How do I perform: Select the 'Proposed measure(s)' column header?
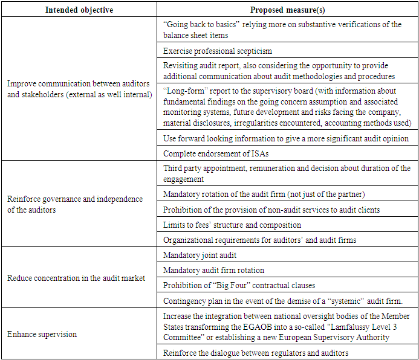pos(288,9)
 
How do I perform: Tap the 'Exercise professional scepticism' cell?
pos(218,50)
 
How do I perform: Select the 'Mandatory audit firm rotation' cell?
pos(213,270)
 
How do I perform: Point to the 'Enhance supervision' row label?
pos(42,333)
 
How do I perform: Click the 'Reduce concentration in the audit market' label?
pos(76,278)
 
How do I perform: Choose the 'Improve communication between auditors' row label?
pos(79,90)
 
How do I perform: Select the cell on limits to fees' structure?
pos(232,225)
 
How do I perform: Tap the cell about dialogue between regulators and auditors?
pos(256,353)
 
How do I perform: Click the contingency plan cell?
pos(282,300)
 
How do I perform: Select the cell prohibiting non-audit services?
pos(271,210)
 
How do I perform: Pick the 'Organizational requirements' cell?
pos(259,240)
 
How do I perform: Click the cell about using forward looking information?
pos(286,138)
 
